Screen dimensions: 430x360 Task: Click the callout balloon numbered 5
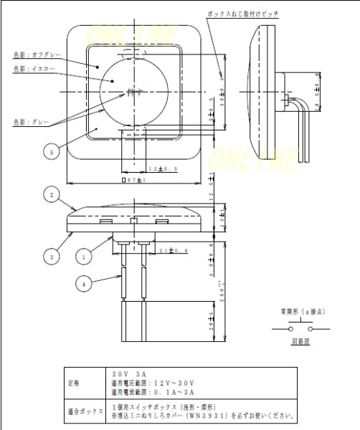(49, 151)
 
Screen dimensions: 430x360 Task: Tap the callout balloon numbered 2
(49, 193)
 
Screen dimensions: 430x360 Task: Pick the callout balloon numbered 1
(84, 254)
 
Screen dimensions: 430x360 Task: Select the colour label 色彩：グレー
(30, 122)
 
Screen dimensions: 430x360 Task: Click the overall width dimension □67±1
(134, 180)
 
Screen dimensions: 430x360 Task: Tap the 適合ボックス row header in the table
(81, 411)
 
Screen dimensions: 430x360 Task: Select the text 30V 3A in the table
(129, 373)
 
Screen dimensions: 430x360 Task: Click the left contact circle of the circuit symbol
(289, 329)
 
